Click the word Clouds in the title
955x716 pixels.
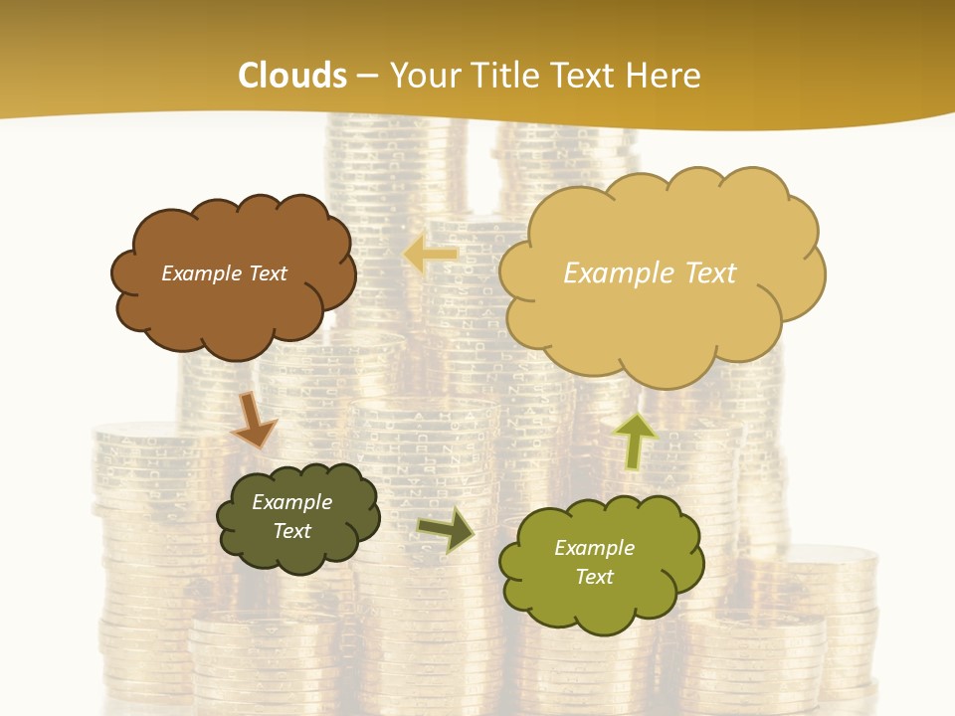coord(292,76)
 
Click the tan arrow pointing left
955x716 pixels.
coord(431,255)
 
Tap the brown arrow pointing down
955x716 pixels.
coord(253,422)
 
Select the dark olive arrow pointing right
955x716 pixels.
coord(446,528)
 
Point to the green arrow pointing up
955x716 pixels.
coord(635,441)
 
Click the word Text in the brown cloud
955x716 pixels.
coord(267,273)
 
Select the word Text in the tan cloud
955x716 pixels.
coord(710,273)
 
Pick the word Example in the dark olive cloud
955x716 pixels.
coord(292,502)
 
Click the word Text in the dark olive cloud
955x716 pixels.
coord(292,531)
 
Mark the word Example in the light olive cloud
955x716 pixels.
coord(594,548)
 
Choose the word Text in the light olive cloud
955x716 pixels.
coord(594,577)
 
